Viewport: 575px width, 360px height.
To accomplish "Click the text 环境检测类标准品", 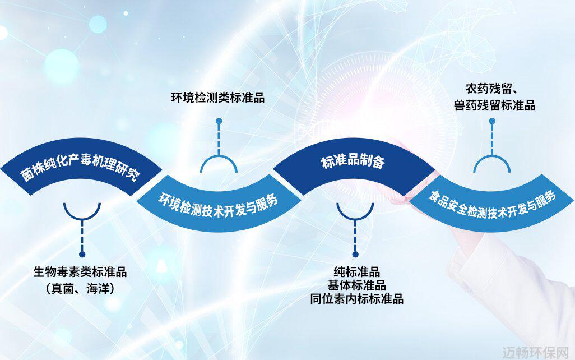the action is tap(218, 98).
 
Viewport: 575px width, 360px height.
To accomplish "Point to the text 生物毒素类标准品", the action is tap(80, 272).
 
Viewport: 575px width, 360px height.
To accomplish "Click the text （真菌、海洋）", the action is tap(80, 288).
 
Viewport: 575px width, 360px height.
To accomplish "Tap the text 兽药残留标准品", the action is tap(494, 105).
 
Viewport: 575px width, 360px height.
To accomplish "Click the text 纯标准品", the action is tap(356, 272).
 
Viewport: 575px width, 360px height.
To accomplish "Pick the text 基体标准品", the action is tap(356, 285).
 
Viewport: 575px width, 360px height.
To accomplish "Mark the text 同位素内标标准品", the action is tap(356, 299).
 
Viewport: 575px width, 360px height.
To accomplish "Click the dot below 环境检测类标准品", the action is tap(219, 121).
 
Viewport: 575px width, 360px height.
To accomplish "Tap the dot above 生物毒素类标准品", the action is tap(82, 255).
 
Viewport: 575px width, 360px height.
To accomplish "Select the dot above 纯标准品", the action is tap(355, 255).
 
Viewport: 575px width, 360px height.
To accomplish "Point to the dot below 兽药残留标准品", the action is tap(492, 121).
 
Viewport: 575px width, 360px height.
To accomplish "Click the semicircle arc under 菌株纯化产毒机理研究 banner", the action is tap(82, 220).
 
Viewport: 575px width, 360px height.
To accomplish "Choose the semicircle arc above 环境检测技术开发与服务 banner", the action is tap(219, 156).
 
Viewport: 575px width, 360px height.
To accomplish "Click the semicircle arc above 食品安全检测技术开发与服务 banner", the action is tap(492, 156).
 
